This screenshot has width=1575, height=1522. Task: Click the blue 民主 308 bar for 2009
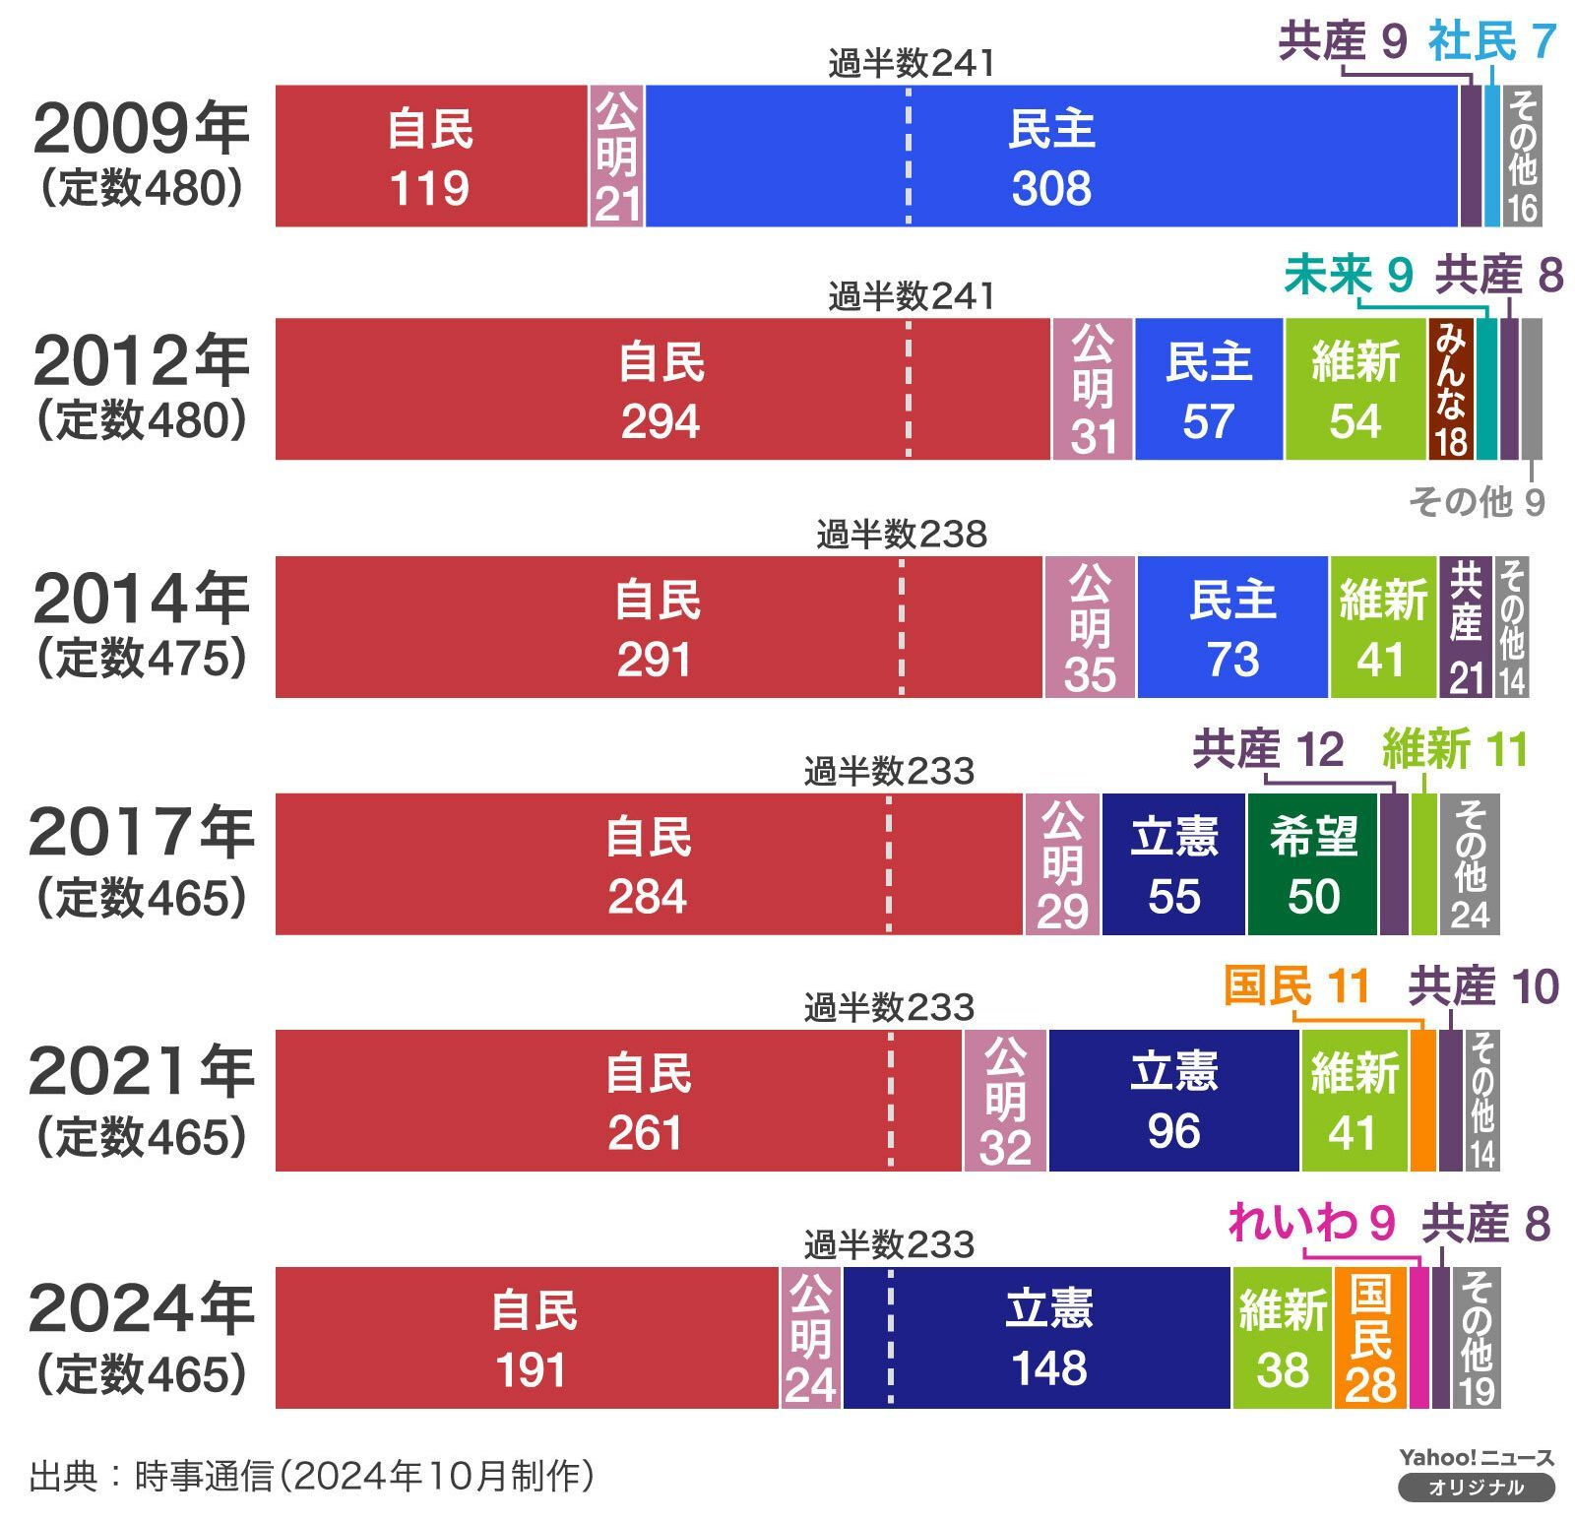pos(1051,157)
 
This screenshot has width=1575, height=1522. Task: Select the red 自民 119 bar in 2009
pos(430,157)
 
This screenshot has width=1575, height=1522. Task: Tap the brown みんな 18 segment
pos(1450,389)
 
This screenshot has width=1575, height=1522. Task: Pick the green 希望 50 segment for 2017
pos(1312,864)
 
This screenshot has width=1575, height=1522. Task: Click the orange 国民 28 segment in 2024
pos(1370,1338)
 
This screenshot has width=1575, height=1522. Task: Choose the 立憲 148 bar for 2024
pos(1037,1338)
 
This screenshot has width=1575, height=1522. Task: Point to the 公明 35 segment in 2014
pos(1090,627)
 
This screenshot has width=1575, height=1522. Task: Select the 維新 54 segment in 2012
pos(1354,389)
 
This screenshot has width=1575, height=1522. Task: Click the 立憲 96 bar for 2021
pos(1173,1101)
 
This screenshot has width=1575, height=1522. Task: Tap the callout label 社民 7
pos(1490,41)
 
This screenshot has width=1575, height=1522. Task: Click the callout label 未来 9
pos(1348,275)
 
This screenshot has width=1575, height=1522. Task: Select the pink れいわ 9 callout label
pos(1311,1224)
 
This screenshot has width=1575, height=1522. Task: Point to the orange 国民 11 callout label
pos(1296,985)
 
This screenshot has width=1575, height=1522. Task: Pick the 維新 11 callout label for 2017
pos(1454,750)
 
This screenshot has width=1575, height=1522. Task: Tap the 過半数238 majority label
pos(901,535)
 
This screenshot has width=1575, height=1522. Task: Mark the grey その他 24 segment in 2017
pos(1470,864)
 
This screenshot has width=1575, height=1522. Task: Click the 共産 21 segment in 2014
pos(1465,627)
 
